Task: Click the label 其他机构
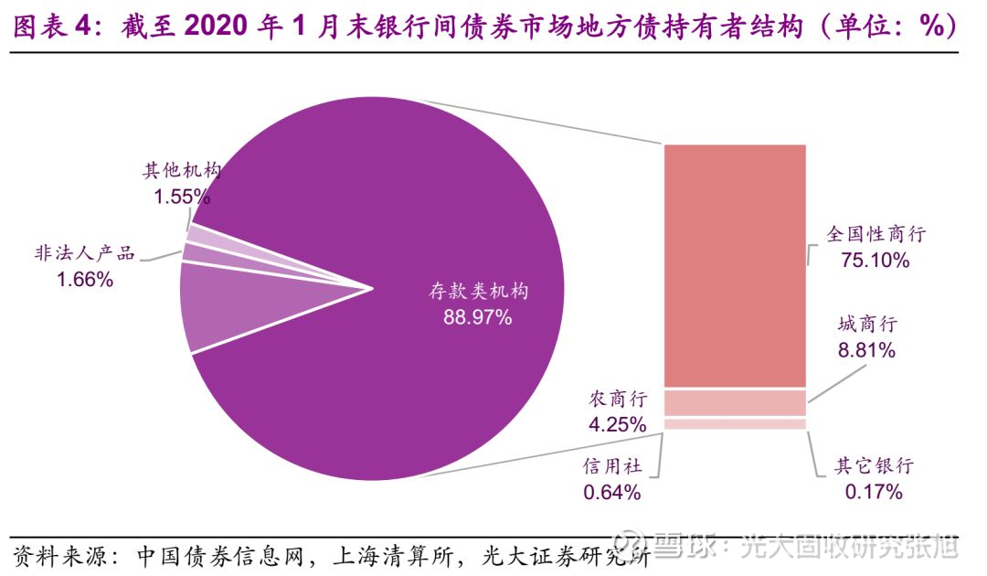[182, 171]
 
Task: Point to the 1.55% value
[182, 196]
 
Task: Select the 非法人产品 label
[84, 253]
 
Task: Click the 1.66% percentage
[84, 280]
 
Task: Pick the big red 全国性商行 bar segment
[735, 265]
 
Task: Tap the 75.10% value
[876, 260]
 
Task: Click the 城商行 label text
[867, 324]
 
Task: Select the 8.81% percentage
[866, 349]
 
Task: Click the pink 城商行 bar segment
[735, 402]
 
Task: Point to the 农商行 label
[618, 399]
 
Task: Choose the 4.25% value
[618, 424]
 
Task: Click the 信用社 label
[612, 466]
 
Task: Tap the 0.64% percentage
[612, 492]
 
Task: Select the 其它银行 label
[875, 466]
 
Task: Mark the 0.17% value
[875, 492]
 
